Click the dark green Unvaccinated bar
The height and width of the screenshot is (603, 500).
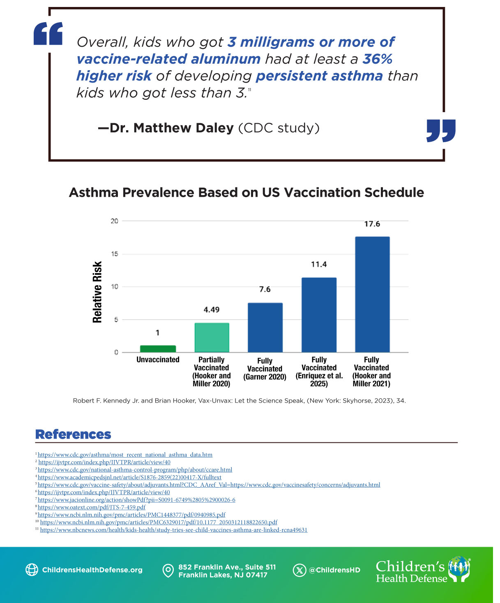tap(158, 349)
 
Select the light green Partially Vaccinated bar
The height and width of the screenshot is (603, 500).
tap(212, 338)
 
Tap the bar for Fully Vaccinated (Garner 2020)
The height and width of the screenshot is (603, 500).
tap(265, 327)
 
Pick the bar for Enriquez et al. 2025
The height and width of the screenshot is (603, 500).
tap(319, 315)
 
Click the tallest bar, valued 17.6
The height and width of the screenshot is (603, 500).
tap(372, 295)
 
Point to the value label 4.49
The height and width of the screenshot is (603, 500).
tap(212, 310)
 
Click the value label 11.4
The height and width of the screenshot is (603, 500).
tap(319, 264)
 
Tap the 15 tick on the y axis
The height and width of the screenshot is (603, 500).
tap(115, 254)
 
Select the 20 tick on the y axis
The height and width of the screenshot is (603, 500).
tap(115, 221)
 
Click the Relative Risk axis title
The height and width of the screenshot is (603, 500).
tap(97, 292)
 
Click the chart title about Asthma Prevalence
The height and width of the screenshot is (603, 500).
tap(247, 192)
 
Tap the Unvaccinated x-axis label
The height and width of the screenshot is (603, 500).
tap(158, 360)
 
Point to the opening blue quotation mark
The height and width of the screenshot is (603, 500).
tap(48, 34)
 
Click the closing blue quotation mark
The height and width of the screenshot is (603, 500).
tap(441, 131)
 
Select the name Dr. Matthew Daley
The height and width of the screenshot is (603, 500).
tap(172, 128)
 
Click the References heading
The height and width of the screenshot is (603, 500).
tap(73, 434)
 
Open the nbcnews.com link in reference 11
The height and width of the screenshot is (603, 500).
tap(173, 530)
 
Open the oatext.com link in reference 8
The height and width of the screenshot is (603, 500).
tap(92, 507)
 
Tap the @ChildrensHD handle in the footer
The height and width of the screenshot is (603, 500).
tap(334, 570)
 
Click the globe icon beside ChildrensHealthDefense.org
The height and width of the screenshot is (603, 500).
tap(32, 570)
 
